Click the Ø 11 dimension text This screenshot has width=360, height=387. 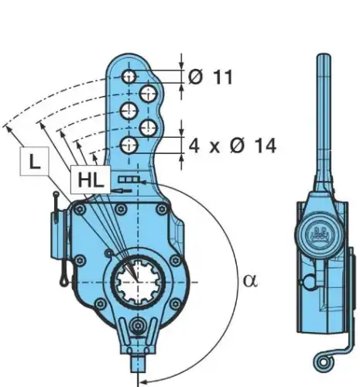211,77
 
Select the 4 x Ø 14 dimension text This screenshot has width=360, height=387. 232,146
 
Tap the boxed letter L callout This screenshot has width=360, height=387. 35,162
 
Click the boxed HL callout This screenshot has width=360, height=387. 91,180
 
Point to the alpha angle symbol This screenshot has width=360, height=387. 250,281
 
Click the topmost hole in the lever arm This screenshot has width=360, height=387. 129,77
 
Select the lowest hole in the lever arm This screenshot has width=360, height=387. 129,146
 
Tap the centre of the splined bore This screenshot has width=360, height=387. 138,282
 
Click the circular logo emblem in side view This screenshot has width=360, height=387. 320,235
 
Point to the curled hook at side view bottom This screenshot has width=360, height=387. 323,362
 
